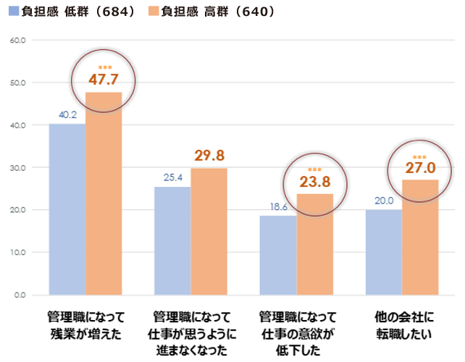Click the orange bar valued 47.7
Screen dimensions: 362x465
(104, 194)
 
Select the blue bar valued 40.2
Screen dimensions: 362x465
(67, 210)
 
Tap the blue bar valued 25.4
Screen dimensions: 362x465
(172, 241)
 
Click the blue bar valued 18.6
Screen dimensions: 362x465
(278, 256)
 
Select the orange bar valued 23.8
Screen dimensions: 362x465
(314, 245)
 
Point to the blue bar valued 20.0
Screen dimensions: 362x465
(384, 253)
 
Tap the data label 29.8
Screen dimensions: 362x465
(209, 156)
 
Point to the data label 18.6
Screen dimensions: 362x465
(278, 206)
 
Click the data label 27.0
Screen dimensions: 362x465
(419, 167)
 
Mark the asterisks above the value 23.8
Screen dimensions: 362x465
(314, 170)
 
